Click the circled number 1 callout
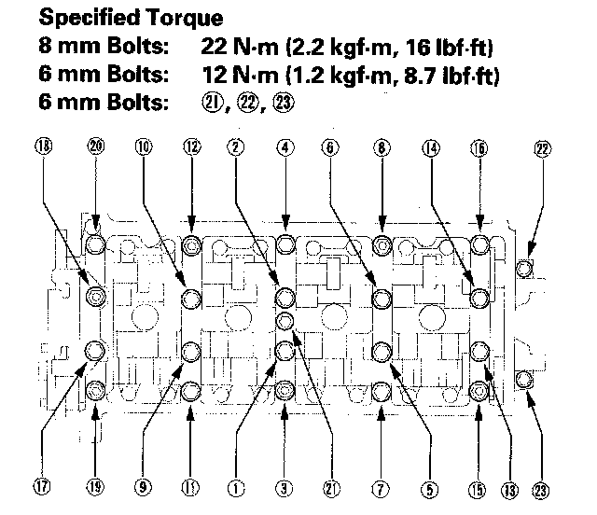(237, 485)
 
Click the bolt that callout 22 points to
(524, 270)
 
